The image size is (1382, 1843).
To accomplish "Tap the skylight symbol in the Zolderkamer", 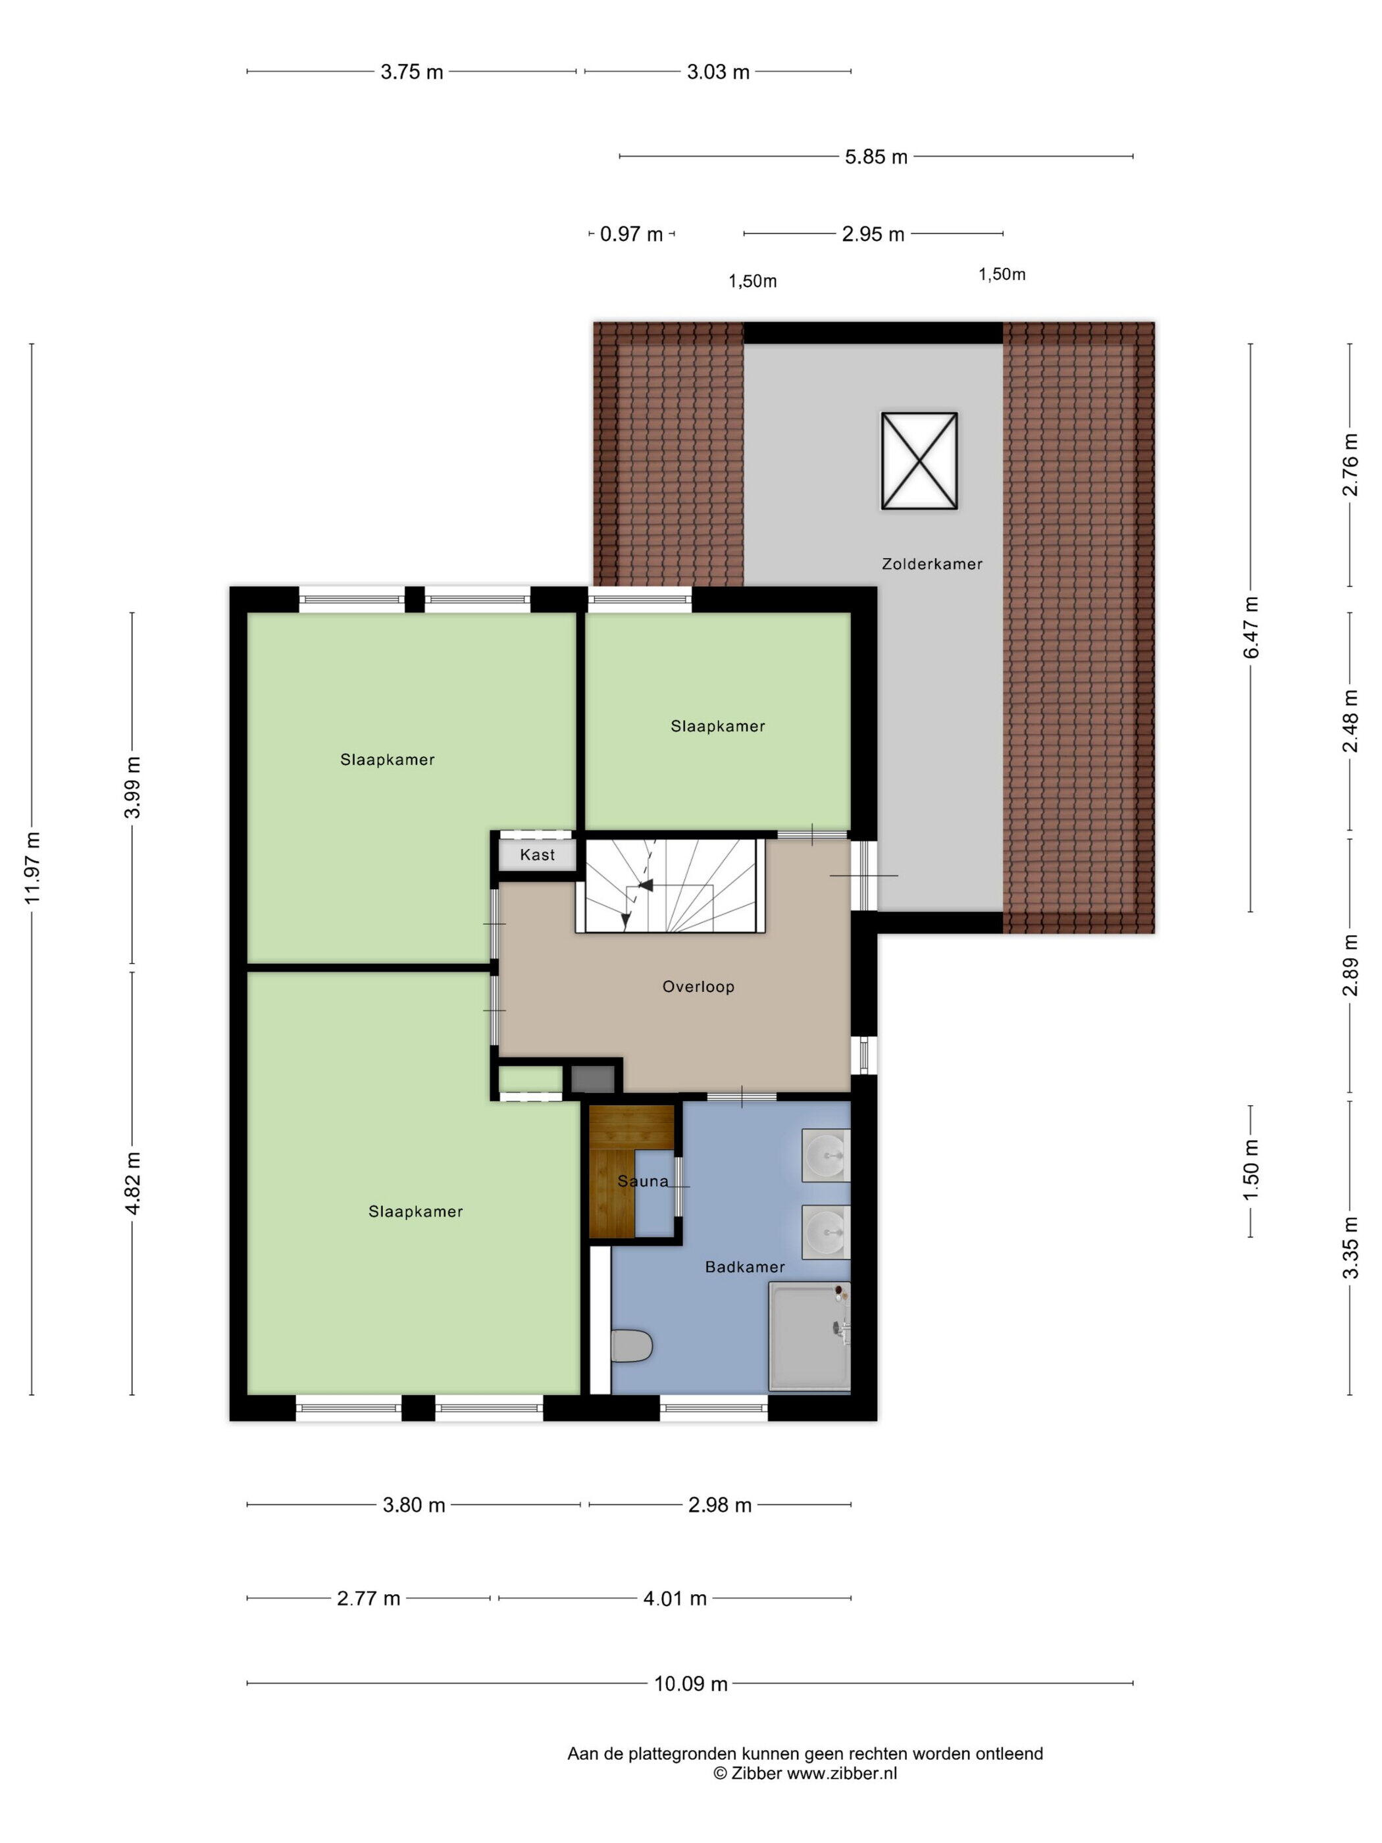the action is [919, 460].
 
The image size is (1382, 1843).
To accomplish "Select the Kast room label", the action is [537, 854].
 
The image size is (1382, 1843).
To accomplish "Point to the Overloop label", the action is [698, 987].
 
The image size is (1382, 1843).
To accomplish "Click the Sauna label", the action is [643, 1181].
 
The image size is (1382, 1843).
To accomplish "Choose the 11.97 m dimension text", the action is [32, 868].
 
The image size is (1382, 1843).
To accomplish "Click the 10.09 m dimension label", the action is [690, 1684].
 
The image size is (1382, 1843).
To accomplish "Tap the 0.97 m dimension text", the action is [631, 234].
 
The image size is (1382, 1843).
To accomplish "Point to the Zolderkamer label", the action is [932, 564].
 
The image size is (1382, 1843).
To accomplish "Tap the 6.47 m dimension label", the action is [1251, 627].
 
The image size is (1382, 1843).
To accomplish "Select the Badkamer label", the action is [745, 1267].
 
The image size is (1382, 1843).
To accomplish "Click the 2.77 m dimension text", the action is [368, 1599].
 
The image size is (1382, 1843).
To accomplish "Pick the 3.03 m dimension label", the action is [718, 72].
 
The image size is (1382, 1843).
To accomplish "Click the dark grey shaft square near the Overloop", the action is [592, 1080].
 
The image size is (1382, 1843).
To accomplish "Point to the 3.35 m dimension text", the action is [1350, 1247].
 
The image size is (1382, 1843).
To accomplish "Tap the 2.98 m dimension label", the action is [720, 1505].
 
